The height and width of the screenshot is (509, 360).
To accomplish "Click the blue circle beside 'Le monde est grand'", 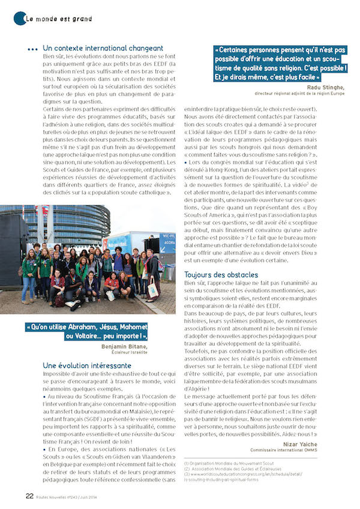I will pyautogui.click(x=20, y=19).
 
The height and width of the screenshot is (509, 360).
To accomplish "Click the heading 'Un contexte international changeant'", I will pyautogui.click(x=103, y=48).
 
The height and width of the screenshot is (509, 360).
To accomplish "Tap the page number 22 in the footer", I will pyautogui.click(x=29, y=496).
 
